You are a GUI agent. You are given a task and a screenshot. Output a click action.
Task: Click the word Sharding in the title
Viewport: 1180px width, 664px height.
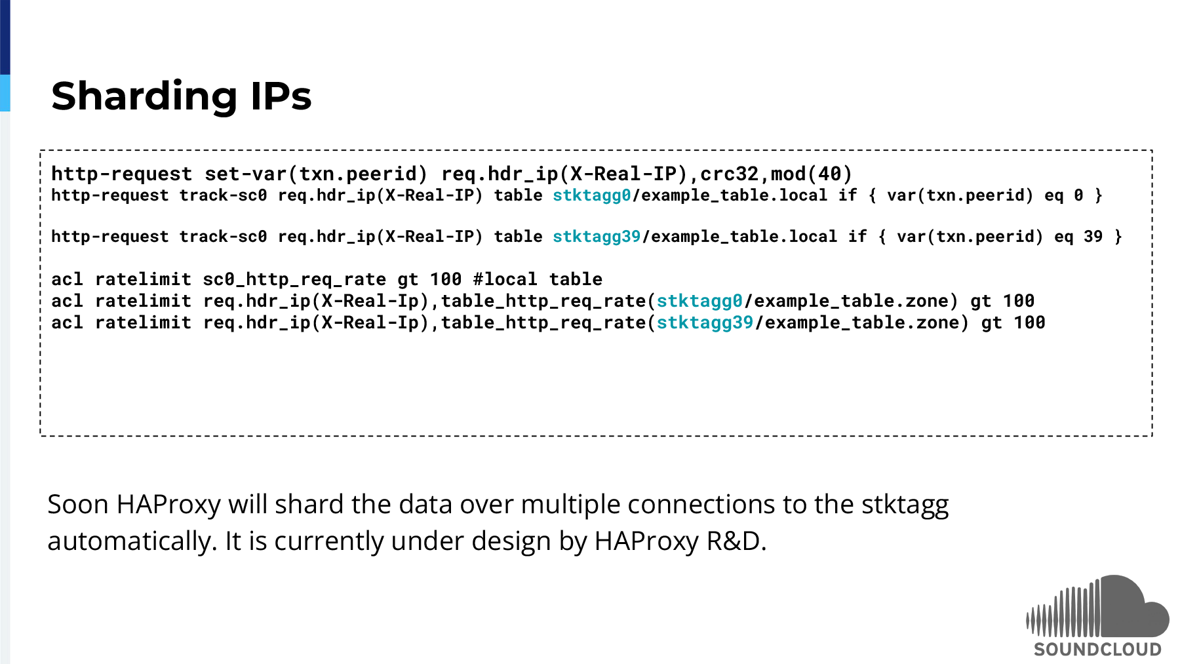(144, 96)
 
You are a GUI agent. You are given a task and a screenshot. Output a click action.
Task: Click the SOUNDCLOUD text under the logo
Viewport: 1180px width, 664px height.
(1097, 649)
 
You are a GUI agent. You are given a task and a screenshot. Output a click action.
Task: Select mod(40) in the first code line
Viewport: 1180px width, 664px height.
(812, 174)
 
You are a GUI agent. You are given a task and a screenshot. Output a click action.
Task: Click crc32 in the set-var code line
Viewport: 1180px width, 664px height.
(729, 174)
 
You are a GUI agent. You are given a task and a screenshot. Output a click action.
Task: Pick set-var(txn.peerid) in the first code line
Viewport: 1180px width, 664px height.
(316, 174)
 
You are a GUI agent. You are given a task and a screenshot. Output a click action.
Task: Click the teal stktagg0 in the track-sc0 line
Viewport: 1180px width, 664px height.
(592, 195)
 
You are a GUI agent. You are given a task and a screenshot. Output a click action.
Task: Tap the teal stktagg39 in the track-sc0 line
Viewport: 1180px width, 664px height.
(597, 237)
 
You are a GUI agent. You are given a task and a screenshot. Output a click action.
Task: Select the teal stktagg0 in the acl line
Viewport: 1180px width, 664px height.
(700, 301)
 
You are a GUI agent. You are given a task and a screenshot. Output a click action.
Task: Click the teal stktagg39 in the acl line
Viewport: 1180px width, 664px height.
(705, 322)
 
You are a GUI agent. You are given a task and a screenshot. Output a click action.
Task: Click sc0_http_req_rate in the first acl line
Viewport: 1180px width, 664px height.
(294, 279)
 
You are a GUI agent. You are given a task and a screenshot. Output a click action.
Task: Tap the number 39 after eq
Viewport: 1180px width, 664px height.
(1093, 237)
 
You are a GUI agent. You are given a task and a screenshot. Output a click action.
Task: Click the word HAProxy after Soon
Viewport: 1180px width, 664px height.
(168, 505)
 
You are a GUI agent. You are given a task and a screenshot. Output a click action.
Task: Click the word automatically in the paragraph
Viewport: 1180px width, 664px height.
(132, 541)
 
